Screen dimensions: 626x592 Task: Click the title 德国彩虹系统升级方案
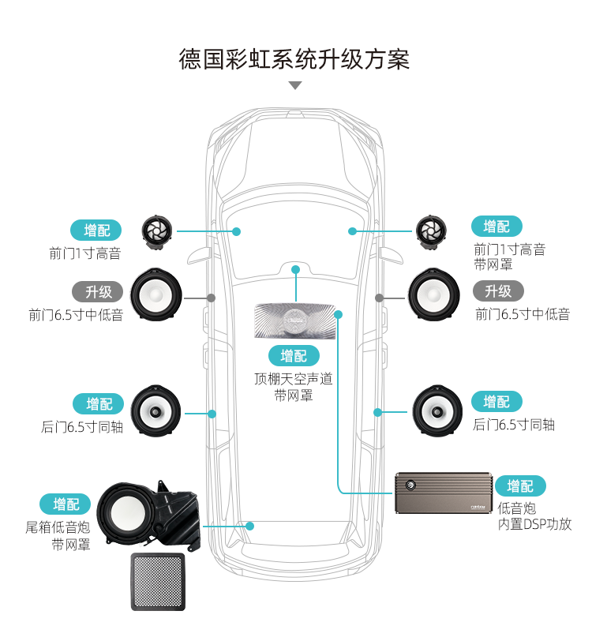click(295, 60)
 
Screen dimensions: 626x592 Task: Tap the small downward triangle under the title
click(295, 85)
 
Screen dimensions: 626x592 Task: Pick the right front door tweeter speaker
click(431, 231)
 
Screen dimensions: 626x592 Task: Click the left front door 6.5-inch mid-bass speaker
click(155, 296)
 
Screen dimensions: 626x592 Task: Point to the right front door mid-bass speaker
click(434, 296)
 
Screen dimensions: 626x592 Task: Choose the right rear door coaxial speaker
click(437, 410)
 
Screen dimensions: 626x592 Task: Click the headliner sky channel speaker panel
click(295, 320)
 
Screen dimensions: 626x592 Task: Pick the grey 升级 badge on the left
click(99, 291)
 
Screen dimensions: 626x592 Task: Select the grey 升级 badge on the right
click(498, 291)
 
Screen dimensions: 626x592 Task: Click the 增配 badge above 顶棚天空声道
click(294, 355)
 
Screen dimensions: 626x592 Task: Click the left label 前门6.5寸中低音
click(76, 314)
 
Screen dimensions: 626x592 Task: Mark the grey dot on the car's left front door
click(212, 298)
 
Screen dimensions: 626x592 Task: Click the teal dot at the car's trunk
click(249, 525)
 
